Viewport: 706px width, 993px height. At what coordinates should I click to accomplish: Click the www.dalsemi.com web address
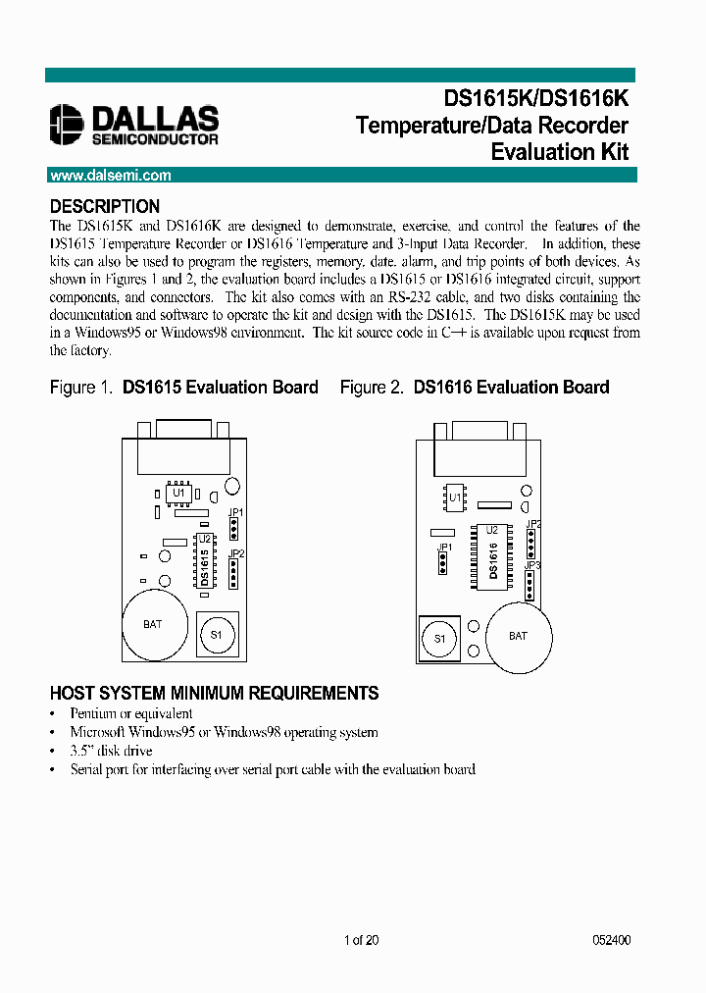110,176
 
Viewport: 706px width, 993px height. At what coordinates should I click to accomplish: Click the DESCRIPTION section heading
105,207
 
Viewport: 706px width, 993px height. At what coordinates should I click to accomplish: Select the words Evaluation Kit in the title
559,152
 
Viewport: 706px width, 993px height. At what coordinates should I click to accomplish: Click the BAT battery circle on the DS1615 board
152,624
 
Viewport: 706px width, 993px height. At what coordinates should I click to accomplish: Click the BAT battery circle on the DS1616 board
518,636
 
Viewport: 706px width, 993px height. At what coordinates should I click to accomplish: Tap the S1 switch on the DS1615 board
217,633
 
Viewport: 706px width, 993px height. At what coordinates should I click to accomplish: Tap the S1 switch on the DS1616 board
440,639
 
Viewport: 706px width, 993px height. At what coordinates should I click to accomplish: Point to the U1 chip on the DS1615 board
178,493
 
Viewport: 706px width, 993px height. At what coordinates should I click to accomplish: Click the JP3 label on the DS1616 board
532,565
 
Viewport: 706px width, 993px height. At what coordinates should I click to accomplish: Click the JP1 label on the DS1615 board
235,512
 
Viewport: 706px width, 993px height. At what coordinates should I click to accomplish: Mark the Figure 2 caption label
372,388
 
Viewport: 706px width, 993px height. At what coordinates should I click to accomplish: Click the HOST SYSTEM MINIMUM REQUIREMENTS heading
214,694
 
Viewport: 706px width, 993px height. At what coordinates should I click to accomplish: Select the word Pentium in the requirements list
92,713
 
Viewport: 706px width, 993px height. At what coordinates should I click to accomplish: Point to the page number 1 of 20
361,940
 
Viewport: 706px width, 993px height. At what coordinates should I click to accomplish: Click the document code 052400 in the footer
611,940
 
